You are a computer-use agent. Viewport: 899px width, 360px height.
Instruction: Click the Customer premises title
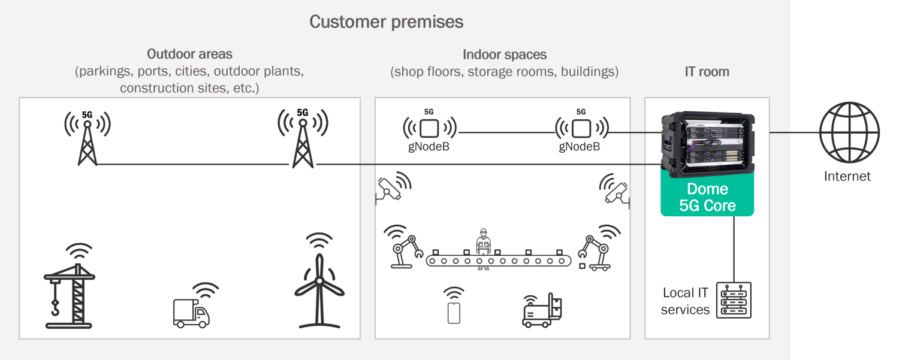[386, 22]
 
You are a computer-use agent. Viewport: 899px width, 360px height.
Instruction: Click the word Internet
[847, 176]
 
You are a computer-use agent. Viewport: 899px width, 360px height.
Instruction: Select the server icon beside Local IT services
[734, 300]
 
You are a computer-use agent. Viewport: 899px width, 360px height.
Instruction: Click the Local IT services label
[685, 301]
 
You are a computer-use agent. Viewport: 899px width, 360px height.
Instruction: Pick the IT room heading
[707, 72]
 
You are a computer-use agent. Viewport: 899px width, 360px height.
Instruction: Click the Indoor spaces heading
[505, 55]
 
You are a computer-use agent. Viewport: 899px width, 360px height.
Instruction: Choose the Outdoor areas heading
[189, 54]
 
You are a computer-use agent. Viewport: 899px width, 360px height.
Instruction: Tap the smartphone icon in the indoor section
[454, 313]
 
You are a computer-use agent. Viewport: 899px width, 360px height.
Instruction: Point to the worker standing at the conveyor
[482, 247]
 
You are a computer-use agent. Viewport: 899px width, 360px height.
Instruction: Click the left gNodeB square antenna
[429, 128]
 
